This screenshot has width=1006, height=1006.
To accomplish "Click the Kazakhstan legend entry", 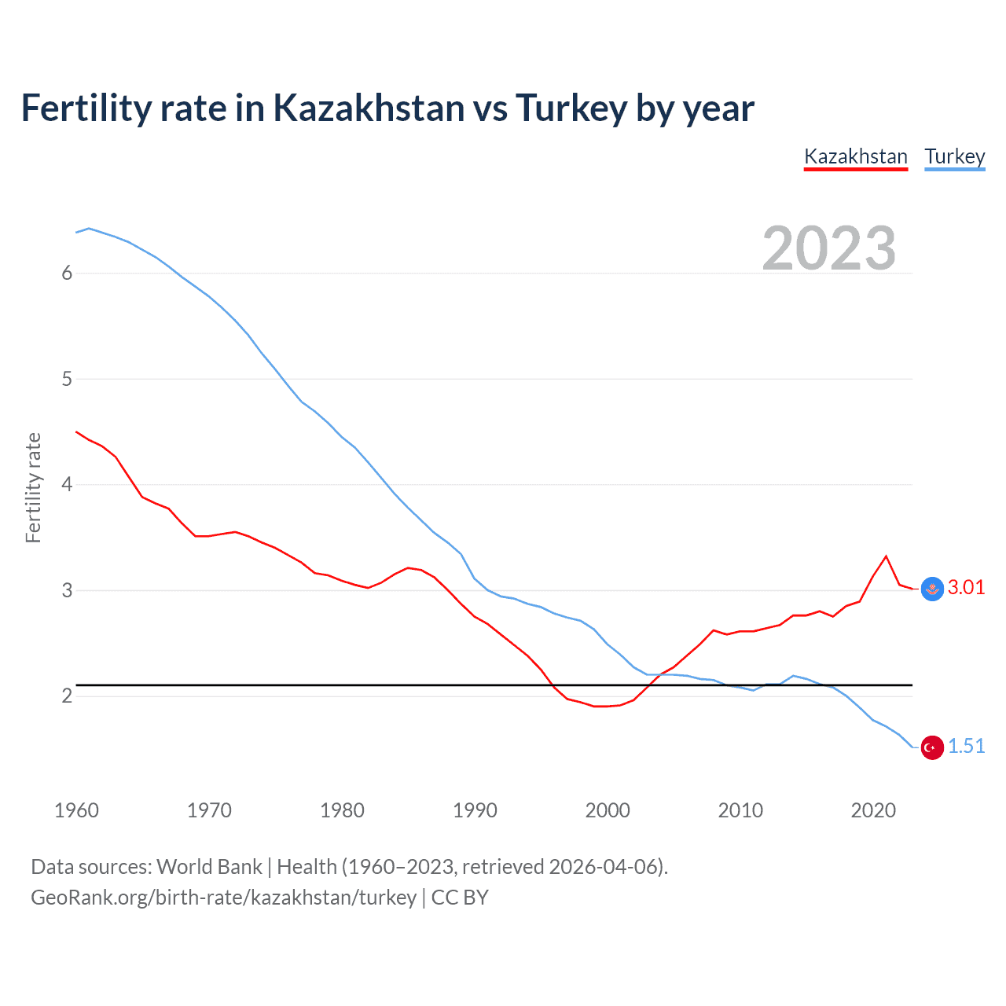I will (856, 156).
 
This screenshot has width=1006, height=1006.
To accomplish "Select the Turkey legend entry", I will (954, 156).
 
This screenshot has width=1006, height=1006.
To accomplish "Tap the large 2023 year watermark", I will (828, 248).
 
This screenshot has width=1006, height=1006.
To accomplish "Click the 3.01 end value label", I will (966, 587).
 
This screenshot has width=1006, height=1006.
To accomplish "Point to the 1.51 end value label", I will (966, 746).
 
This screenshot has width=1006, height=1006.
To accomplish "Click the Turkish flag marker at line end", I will (932, 747).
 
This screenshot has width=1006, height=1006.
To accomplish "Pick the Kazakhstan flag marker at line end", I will (932, 589).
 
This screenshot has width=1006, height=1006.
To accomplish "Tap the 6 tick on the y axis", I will (67, 273).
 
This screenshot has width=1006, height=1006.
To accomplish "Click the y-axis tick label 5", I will (67, 379).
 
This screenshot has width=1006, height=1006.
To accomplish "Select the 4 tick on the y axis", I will (67, 484).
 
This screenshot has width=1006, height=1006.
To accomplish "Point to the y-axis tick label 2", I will (67, 696).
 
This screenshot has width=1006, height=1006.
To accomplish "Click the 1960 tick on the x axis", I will (76, 810).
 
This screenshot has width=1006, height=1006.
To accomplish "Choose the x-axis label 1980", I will (342, 810).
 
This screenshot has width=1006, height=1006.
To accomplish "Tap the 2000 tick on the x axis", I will (608, 810).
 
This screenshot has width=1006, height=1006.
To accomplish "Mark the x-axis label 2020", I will (873, 810).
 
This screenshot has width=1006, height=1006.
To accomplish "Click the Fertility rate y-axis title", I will (33, 487).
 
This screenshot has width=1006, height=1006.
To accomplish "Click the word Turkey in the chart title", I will (571, 108).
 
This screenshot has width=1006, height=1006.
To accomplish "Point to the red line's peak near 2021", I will (886, 556).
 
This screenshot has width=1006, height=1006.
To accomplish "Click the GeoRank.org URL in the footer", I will (223, 897).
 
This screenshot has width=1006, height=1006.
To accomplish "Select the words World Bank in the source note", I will (209, 866).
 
